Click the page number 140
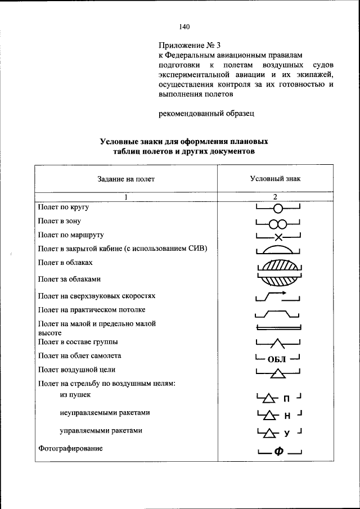(185, 26)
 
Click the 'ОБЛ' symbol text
(278, 359)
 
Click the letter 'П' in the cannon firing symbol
(286, 400)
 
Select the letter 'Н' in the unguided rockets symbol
(286, 416)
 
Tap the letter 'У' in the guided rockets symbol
(286, 433)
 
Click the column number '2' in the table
(276, 197)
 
